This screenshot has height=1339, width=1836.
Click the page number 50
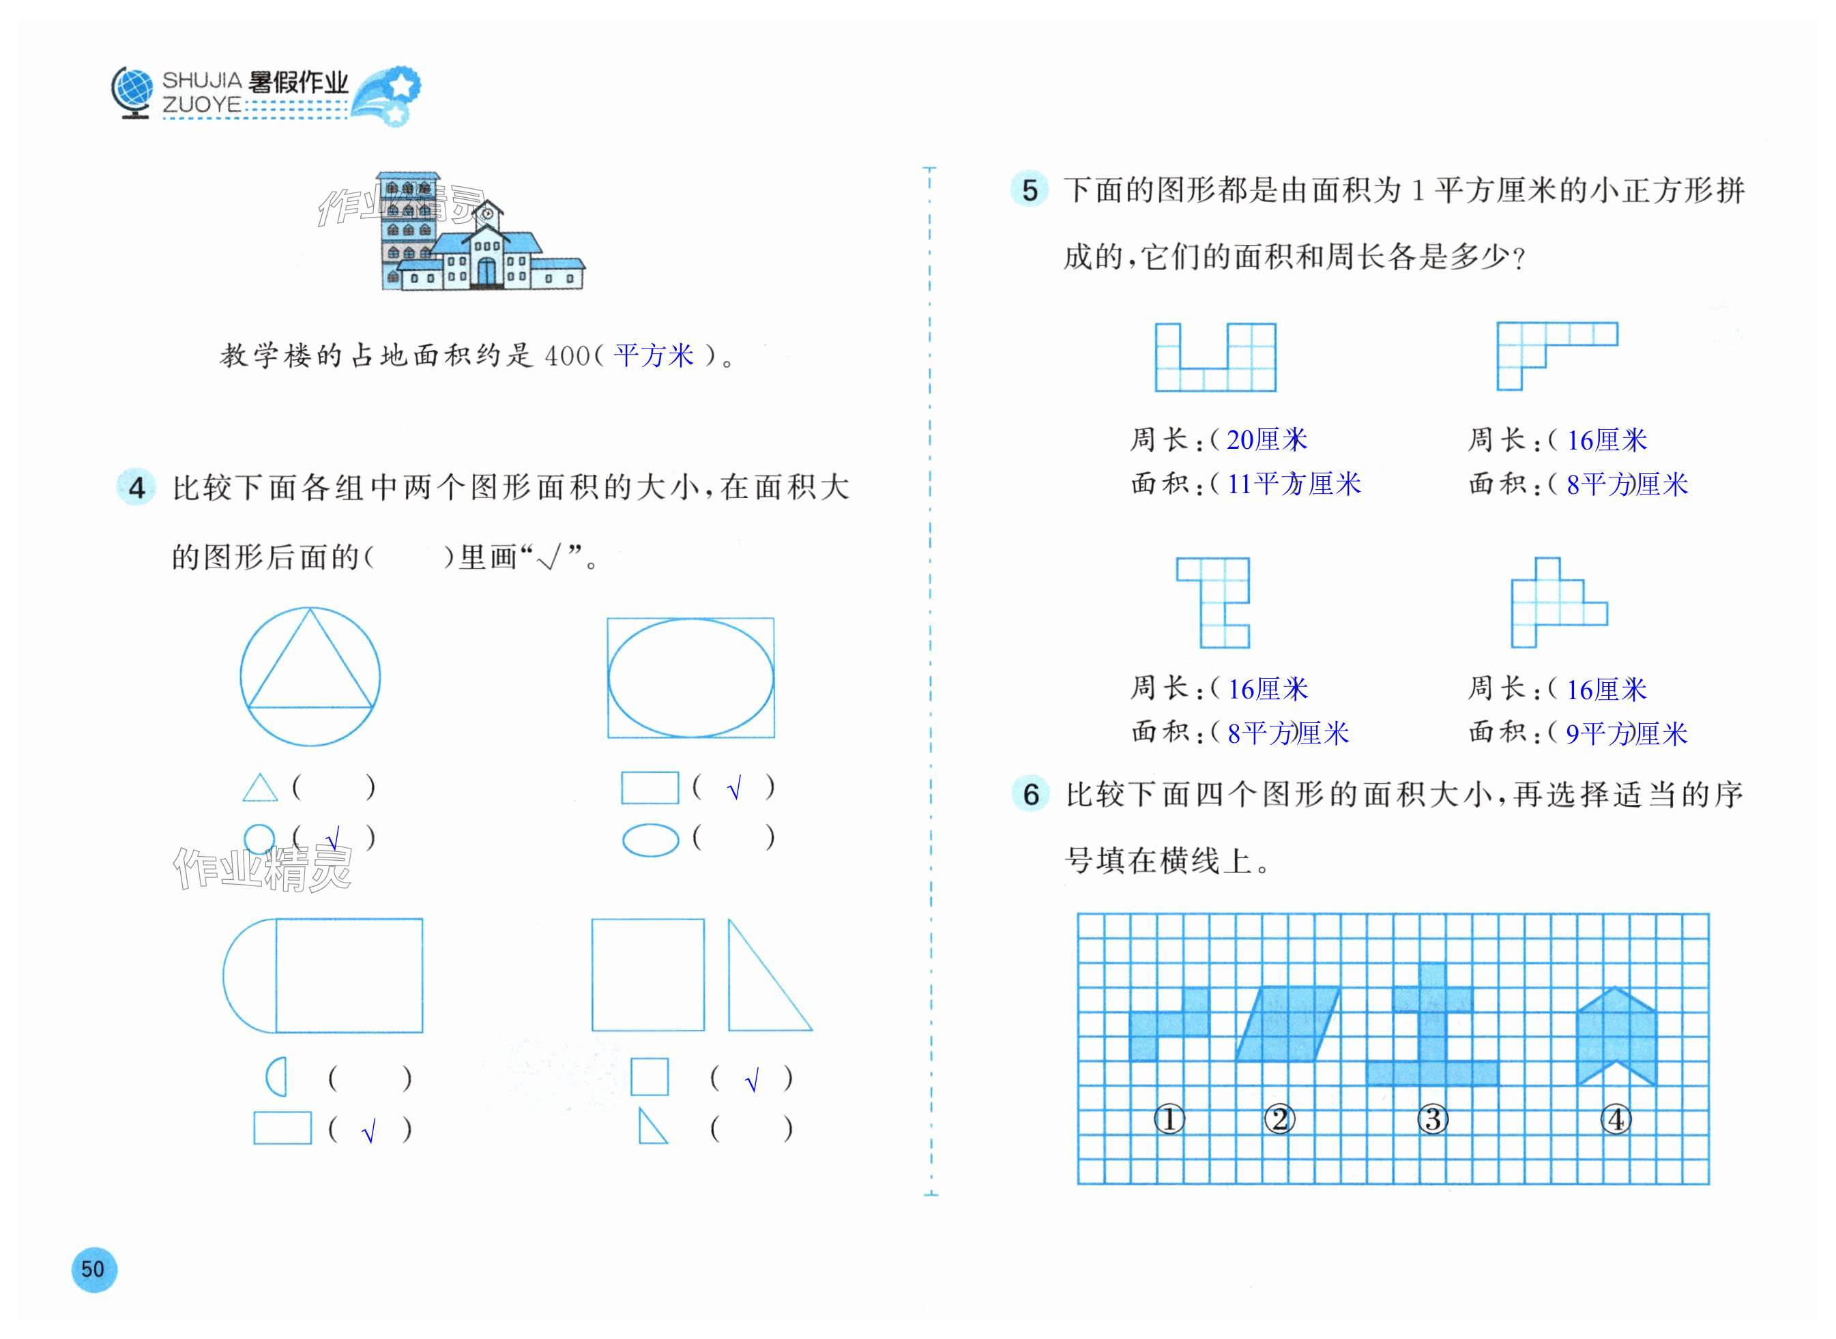[x=93, y=1269]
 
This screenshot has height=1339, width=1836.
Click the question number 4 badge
[x=136, y=487]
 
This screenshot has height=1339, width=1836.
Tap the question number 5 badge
[x=1030, y=190]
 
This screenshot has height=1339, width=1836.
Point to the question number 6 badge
[x=1030, y=793]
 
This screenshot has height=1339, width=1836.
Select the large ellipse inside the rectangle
[x=690, y=677]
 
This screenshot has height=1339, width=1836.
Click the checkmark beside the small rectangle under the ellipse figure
[x=734, y=788]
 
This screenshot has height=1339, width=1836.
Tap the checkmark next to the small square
[x=751, y=1080]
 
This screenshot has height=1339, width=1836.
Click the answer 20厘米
[x=1266, y=440]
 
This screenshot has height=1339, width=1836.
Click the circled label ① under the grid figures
[x=1169, y=1119]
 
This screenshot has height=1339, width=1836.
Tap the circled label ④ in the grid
[x=1616, y=1119]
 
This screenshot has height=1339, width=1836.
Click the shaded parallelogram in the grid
[x=1287, y=1024]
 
